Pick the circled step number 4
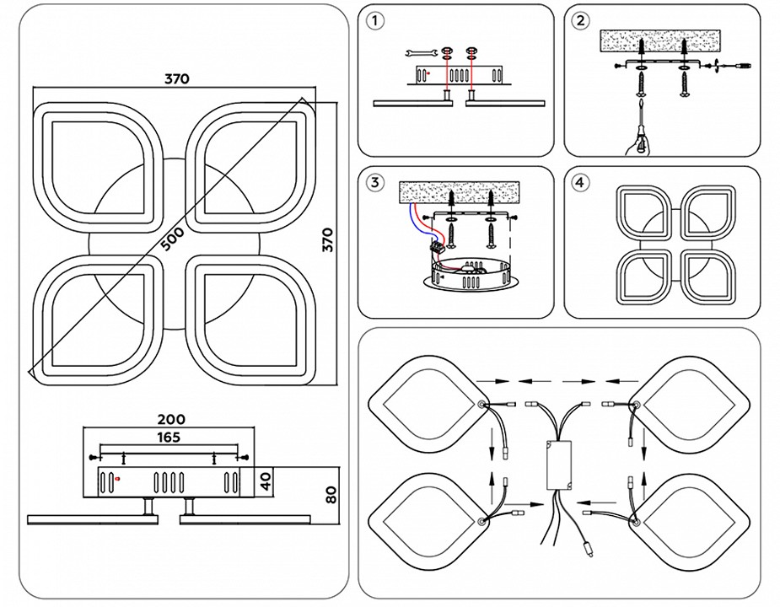579,182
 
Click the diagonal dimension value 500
171,239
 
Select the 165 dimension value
169,437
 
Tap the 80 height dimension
331,492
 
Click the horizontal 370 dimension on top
176,78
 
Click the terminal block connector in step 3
438,248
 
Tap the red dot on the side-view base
117,479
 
